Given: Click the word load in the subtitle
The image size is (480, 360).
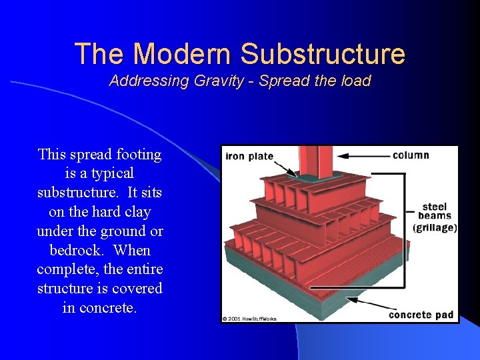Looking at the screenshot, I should tap(355, 81).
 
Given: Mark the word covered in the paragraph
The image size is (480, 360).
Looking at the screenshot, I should tap(138, 289).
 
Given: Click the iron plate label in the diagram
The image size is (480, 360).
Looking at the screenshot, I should tap(249, 157).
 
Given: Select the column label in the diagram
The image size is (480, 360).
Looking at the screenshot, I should tap(411, 155).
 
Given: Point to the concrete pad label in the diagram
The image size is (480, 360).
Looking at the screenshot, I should tap(421, 315).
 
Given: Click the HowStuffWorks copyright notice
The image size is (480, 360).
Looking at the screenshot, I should tap(249, 319).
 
